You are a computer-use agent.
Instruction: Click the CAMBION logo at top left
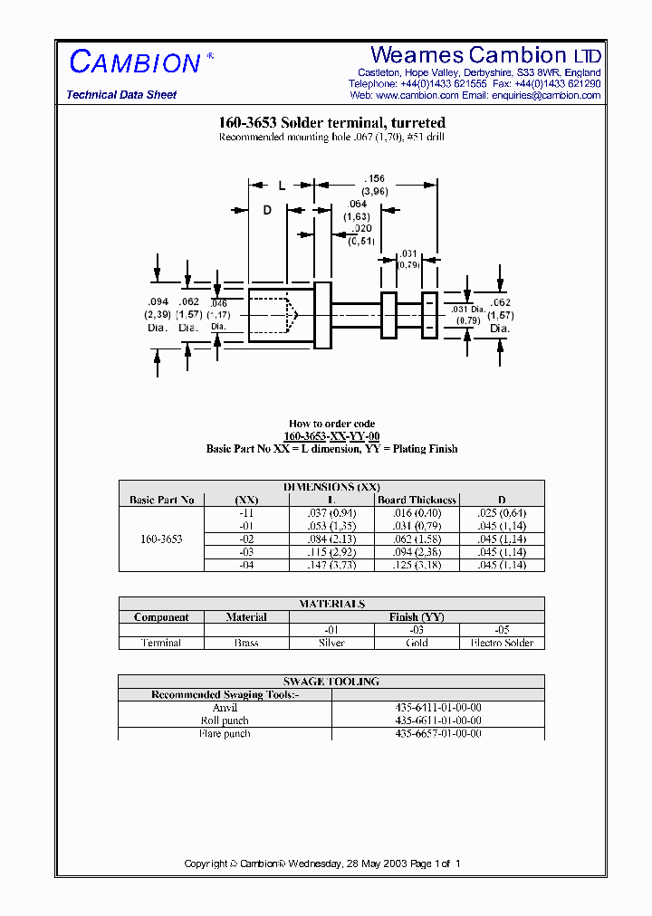click(135, 62)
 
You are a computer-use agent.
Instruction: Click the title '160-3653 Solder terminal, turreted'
click(331, 122)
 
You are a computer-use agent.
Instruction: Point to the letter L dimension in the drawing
click(282, 186)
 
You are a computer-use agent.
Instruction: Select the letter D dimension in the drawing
click(267, 210)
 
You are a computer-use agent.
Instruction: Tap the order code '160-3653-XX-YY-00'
click(331, 436)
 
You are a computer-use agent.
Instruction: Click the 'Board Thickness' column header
click(417, 500)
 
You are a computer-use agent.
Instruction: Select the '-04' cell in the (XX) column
click(246, 565)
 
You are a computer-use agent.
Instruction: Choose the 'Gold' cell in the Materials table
click(417, 643)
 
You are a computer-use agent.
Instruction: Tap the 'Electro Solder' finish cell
click(502, 643)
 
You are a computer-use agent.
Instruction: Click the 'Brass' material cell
click(246, 643)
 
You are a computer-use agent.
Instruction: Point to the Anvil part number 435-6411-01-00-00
click(438, 708)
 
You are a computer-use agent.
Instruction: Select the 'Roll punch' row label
click(225, 720)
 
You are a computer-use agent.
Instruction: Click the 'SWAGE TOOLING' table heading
click(331, 682)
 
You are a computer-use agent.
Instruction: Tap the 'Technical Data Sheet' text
click(121, 95)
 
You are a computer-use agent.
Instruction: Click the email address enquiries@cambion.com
click(546, 95)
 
